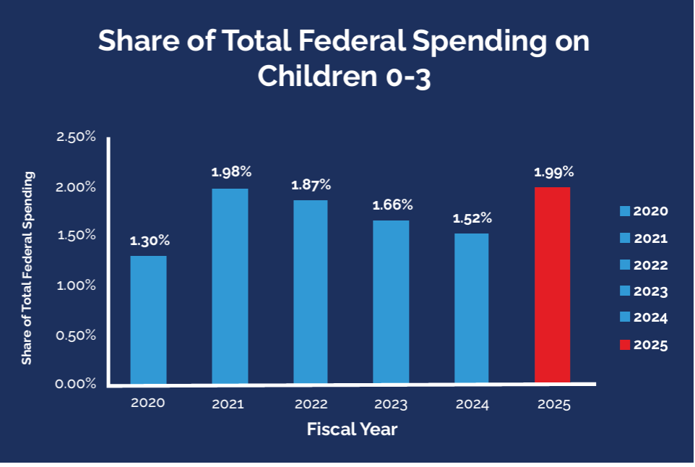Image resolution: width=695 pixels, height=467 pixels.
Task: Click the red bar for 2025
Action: coord(553,285)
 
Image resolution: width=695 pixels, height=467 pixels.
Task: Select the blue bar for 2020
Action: coord(148,320)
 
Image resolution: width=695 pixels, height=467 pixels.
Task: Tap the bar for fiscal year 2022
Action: coord(310,291)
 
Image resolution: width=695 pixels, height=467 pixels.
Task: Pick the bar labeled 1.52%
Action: coord(472,308)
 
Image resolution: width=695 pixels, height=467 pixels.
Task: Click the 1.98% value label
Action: coord(231,172)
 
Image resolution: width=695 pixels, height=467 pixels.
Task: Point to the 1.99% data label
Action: coord(553,172)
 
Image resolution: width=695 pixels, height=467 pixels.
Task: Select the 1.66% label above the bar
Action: coord(392,205)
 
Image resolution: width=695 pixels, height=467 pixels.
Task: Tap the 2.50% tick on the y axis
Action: coord(76,137)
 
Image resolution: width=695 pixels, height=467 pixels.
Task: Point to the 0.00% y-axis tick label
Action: coord(76,383)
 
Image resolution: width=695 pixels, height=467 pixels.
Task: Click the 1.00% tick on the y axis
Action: coord(76,285)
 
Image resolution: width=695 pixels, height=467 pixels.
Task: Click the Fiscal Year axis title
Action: coord(352,429)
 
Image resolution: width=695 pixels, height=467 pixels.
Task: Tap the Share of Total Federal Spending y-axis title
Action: coord(27,267)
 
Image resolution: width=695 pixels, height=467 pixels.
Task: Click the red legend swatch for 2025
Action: coord(625,345)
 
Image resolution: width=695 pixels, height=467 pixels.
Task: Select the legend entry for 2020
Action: coord(644,212)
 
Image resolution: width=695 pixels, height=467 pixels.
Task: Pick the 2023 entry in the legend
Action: coord(644,291)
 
